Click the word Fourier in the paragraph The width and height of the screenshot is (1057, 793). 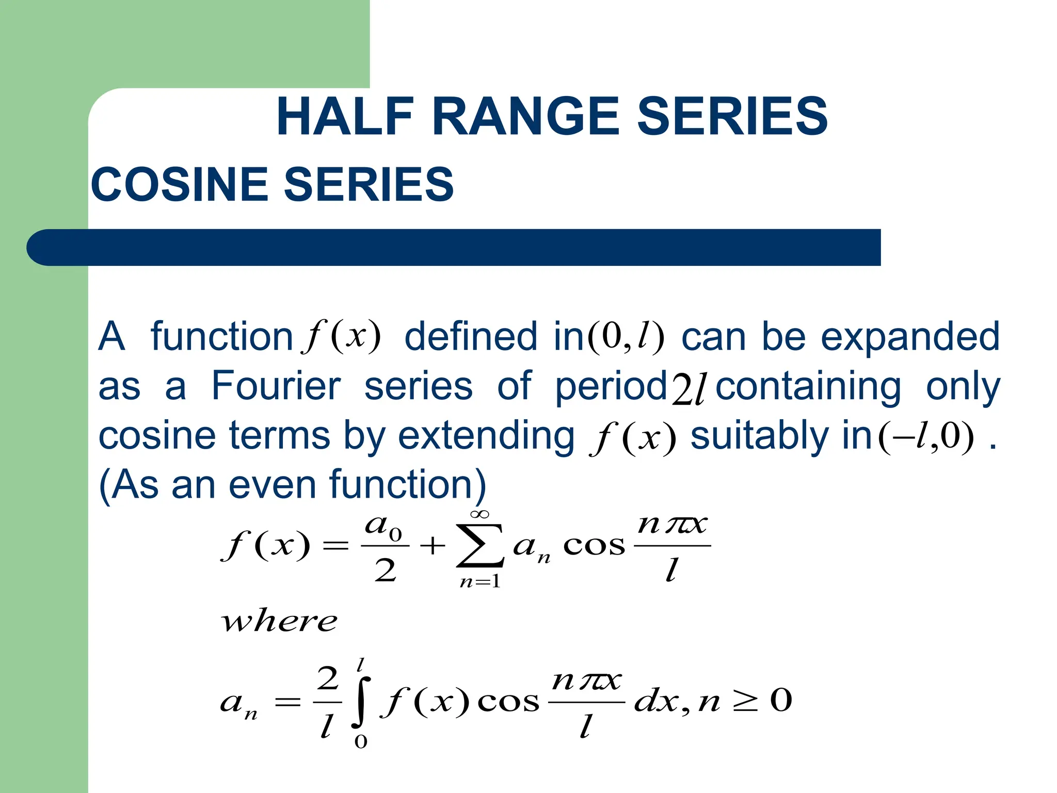tap(276, 386)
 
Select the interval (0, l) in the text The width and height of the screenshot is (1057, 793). tap(625, 337)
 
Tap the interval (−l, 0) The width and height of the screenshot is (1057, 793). tap(926, 437)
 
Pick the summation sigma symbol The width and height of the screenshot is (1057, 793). tap(480, 546)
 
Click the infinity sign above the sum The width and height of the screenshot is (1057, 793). tap(479, 514)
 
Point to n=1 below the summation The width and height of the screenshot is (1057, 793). tap(480, 582)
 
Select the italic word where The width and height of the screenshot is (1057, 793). tap(279, 621)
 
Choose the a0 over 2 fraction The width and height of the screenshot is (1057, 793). tap(385, 547)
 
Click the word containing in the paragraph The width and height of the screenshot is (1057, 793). tap(808, 386)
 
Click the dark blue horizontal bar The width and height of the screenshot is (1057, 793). tap(454, 247)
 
